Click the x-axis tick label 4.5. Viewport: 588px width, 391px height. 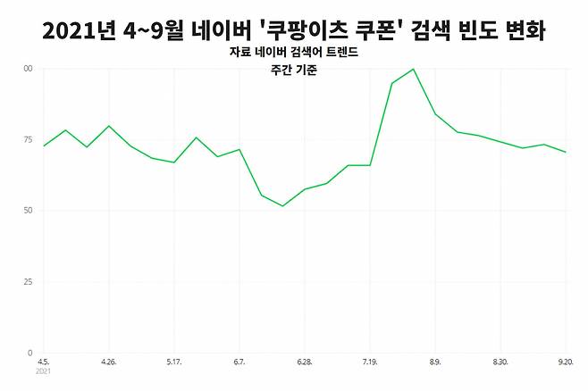[x=43, y=362]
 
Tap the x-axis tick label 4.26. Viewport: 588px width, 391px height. [x=109, y=362]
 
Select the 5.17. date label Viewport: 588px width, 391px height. [x=174, y=362]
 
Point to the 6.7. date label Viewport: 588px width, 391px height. [x=239, y=362]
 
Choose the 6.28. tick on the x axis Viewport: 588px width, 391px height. [x=304, y=362]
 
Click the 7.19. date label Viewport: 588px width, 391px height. [x=370, y=362]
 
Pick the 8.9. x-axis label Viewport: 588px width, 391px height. [x=435, y=362]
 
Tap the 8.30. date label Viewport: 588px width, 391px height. [x=500, y=362]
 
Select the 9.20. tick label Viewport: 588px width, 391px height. [x=565, y=362]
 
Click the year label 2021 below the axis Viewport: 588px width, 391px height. [x=44, y=371]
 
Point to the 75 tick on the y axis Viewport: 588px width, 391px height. [x=28, y=139]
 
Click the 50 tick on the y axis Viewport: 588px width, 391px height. [x=28, y=211]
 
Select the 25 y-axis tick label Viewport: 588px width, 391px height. [x=28, y=282]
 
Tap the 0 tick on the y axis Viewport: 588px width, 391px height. [x=29, y=354]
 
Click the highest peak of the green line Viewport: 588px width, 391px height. [x=413, y=69]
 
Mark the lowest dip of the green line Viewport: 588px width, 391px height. [x=282, y=206]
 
